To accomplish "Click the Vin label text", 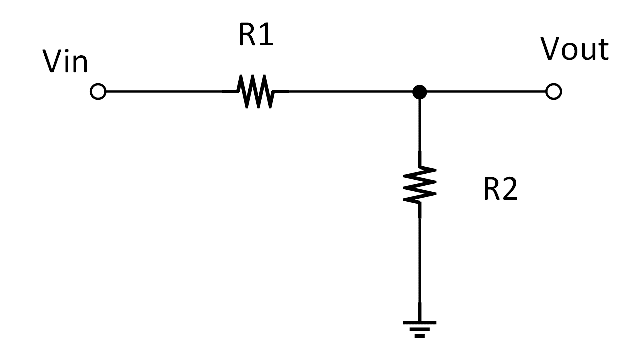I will [66, 63].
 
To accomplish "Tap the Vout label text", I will [575, 50].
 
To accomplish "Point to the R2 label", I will [500, 190].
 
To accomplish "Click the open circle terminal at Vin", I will [98, 92].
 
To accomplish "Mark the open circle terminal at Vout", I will [554, 92].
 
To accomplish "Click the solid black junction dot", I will [420, 92].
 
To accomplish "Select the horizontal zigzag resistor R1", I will [256, 92].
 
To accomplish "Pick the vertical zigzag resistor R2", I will [420, 185].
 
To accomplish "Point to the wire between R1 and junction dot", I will [350, 92].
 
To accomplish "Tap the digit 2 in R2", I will [510, 190].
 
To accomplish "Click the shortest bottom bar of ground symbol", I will [420, 336].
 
